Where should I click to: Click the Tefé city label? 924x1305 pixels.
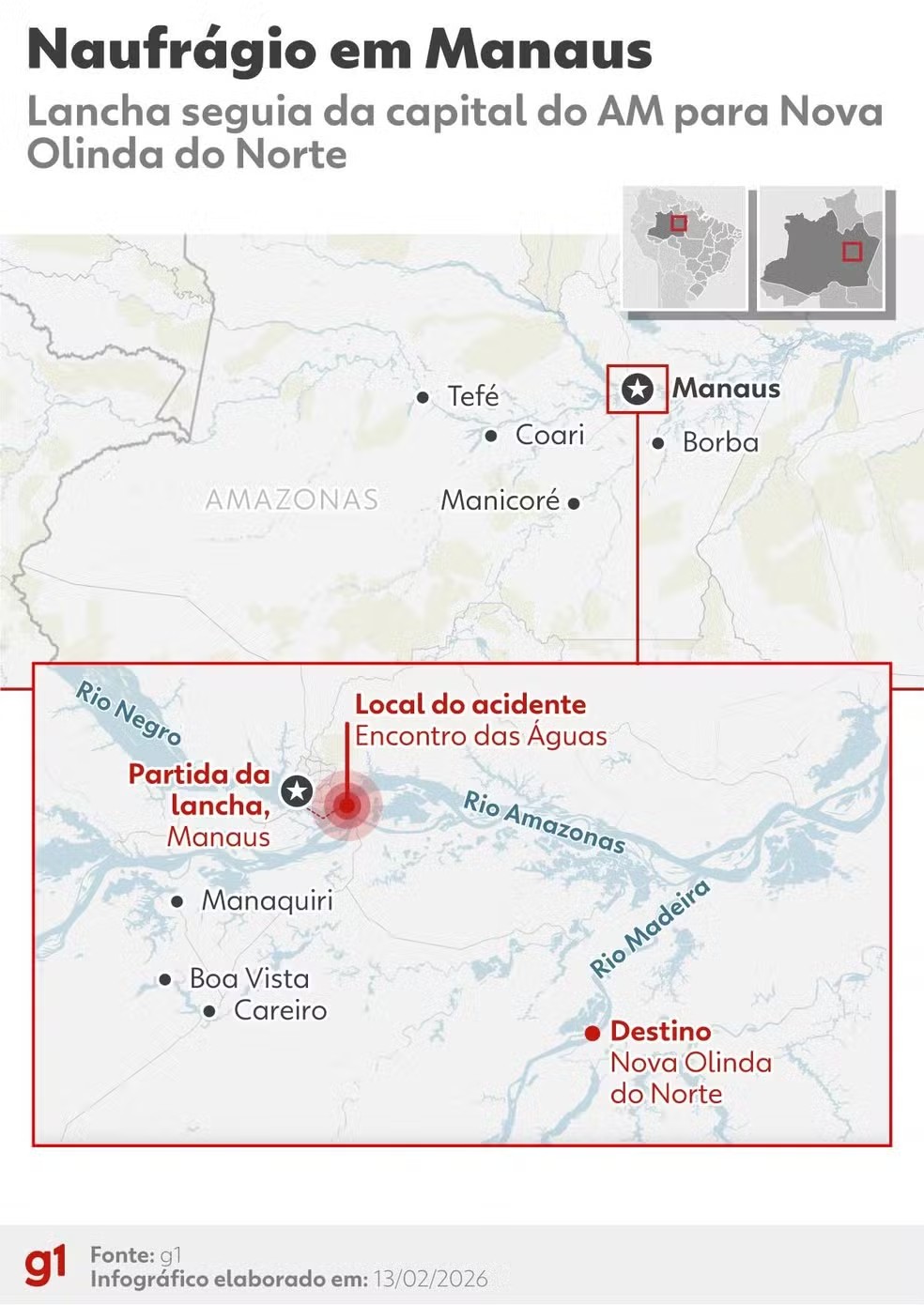pos(472,396)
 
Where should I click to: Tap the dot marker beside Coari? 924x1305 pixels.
pos(491,436)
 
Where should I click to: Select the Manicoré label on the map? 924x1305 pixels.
pos(500,500)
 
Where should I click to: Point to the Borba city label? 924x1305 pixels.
pos(720,442)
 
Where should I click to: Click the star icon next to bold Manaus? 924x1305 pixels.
pos(638,389)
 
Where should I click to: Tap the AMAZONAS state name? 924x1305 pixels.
pos(291,499)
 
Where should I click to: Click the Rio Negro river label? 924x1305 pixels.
pos(128,714)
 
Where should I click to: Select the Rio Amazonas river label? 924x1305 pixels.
pos(545,822)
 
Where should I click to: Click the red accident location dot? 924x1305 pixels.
pos(346,806)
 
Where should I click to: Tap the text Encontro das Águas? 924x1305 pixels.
pos(481,736)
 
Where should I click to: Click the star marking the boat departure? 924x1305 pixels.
pos(298,791)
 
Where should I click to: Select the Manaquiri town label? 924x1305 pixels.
pos(267,900)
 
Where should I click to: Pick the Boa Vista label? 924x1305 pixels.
pos(249,978)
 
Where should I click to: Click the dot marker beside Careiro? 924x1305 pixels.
pos(209,1011)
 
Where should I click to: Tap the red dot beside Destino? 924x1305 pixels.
pos(593,1033)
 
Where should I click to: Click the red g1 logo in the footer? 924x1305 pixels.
pos(45,1265)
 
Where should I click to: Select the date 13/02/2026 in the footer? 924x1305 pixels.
pos(430,1279)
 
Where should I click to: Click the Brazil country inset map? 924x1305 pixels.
pos(685,248)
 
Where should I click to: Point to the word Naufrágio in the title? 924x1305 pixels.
pos(169,51)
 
